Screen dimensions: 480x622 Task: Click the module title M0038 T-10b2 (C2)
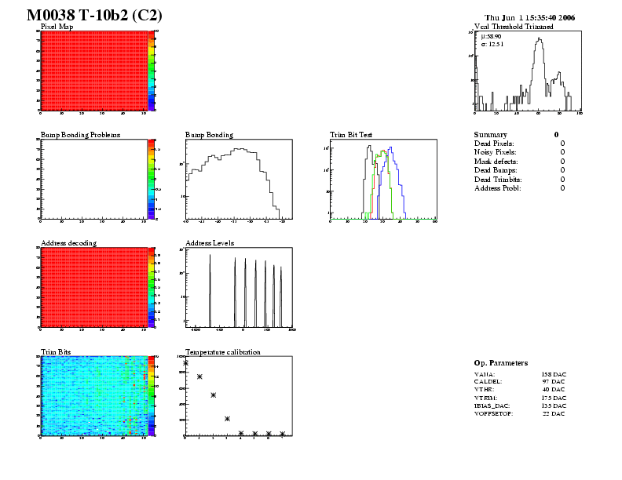point(94,16)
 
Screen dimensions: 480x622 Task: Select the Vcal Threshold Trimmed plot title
point(514,27)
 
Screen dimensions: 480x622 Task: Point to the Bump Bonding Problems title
point(80,135)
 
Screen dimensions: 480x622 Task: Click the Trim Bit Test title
point(351,135)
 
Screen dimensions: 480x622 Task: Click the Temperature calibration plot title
point(222,352)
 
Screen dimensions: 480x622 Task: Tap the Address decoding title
point(68,243)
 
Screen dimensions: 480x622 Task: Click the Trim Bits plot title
point(56,352)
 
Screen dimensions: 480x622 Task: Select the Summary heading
point(491,135)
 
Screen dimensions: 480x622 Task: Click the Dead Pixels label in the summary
point(494,144)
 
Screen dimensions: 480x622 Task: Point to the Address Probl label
point(498,188)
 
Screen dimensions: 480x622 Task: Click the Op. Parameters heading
point(501,363)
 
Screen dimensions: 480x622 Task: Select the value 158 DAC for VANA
point(553,375)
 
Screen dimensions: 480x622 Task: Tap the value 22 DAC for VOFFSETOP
point(553,413)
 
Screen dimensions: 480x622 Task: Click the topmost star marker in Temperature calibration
point(186,363)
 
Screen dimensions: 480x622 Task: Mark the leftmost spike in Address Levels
point(210,290)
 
